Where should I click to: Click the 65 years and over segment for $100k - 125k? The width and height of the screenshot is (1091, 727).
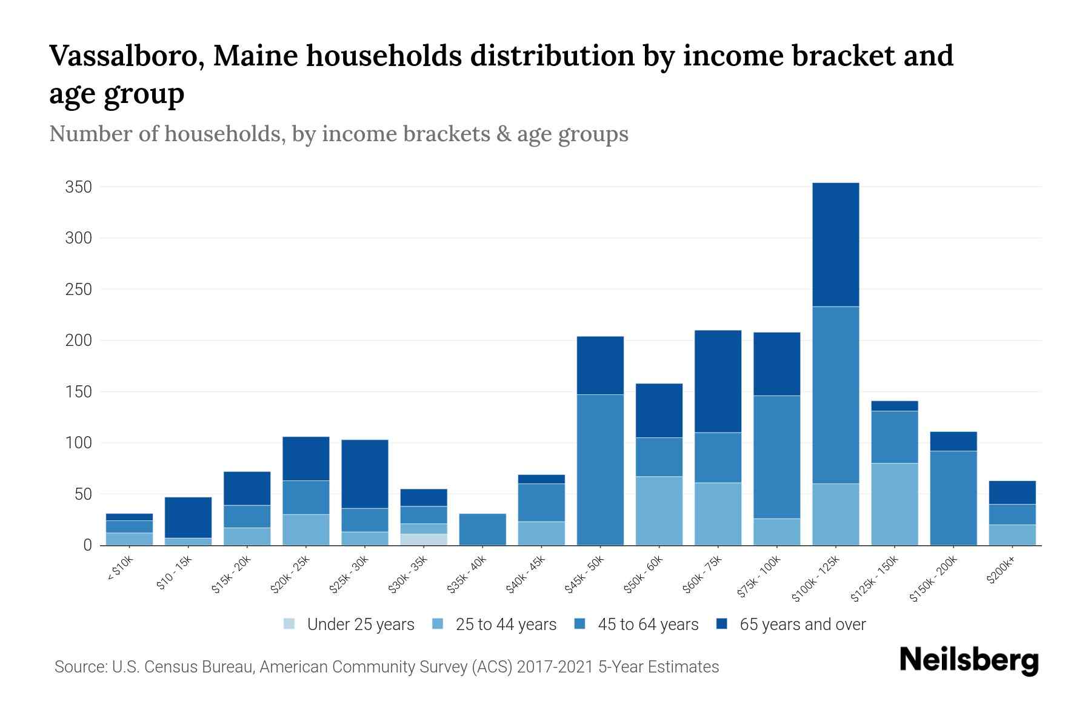pyautogui.click(x=835, y=245)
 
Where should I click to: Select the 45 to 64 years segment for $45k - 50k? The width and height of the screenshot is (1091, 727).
pyautogui.click(x=600, y=470)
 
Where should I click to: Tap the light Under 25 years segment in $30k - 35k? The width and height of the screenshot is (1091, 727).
pyautogui.click(x=423, y=539)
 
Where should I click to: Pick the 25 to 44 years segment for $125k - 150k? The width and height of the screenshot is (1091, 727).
pyautogui.click(x=894, y=504)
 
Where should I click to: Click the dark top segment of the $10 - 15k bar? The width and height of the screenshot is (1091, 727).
pyautogui.click(x=188, y=517)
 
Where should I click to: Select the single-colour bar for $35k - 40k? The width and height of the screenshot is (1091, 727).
pyautogui.click(x=482, y=529)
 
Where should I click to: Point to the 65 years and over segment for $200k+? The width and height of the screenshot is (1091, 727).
pyautogui.click(x=1012, y=493)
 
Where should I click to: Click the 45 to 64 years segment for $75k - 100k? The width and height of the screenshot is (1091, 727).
pyautogui.click(x=776, y=457)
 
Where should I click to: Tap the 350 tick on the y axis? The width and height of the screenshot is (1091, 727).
pyautogui.click(x=79, y=187)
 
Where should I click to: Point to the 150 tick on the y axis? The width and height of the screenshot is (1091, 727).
pyautogui.click(x=79, y=392)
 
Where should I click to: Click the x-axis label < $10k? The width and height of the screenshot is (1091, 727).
pyautogui.click(x=121, y=569)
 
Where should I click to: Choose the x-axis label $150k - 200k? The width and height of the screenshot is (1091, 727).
pyautogui.click(x=934, y=579)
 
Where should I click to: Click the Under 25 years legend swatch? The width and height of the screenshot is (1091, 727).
pyautogui.click(x=290, y=624)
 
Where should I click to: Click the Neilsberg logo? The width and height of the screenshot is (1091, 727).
pyautogui.click(x=969, y=660)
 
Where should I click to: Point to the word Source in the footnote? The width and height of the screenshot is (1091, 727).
pyautogui.click(x=79, y=667)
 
